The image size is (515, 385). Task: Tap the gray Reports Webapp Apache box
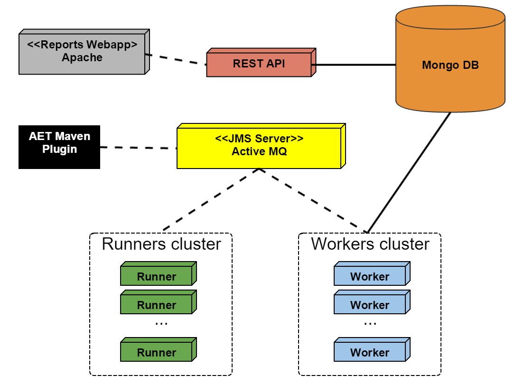(x=82, y=52)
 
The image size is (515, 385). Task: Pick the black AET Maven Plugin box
(x=59, y=147)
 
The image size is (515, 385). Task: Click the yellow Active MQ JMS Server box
(x=259, y=146)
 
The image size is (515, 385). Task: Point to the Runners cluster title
(x=161, y=244)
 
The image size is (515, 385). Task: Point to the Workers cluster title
(x=370, y=244)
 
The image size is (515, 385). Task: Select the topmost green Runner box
(x=157, y=276)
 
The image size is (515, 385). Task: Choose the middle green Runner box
(x=157, y=304)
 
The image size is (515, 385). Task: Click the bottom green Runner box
(x=157, y=352)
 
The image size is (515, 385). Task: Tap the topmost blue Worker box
(x=370, y=276)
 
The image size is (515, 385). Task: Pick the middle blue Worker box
(x=370, y=304)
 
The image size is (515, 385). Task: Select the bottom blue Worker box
(x=370, y=352)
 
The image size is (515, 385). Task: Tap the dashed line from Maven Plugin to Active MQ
(x=139, y=148)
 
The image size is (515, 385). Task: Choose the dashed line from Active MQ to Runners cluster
(x=211, y=199)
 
